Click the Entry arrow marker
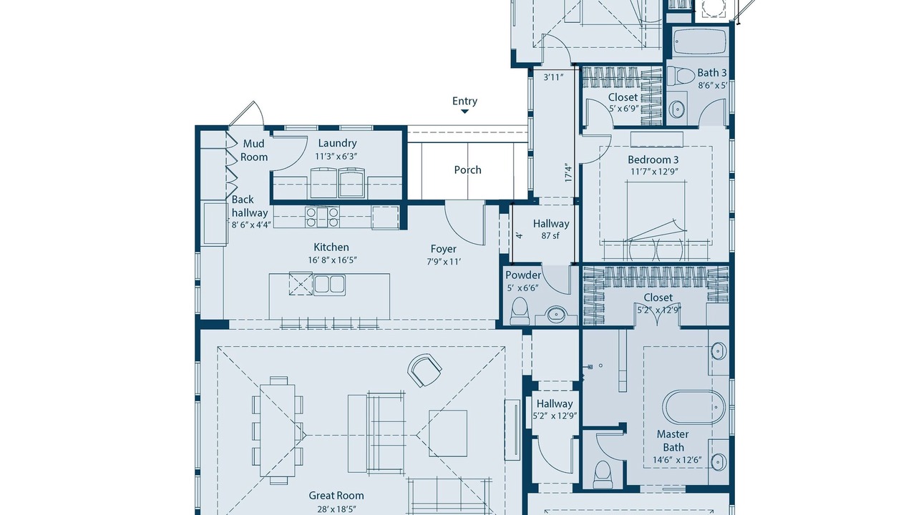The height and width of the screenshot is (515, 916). (464, 111)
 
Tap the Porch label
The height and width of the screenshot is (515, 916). (467, 170)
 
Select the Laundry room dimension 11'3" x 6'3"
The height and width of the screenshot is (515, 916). (336, 156)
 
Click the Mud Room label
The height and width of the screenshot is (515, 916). (254, 150)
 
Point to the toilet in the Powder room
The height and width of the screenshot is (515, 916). (520, 311)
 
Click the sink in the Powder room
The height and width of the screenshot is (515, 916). (556, 314)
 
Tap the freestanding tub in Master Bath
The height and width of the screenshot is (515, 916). (693, 407)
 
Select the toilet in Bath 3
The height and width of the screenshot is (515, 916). (681, 76)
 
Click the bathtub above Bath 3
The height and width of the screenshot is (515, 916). (699, 41)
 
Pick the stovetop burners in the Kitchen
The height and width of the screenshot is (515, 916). (322, 217)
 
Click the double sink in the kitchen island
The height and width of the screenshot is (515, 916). (329, 285)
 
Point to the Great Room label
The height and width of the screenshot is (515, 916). (336, 496)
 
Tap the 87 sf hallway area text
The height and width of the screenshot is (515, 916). (550, 235)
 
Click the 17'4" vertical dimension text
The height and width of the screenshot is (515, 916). (568, 173)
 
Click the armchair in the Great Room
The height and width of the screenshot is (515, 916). (424, 371)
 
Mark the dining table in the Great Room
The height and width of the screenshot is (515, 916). (277, 430)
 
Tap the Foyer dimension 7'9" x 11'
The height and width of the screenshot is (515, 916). (444, 262)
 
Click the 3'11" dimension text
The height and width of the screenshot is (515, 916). (554, 77)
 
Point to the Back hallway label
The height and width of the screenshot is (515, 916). (250, 206)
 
